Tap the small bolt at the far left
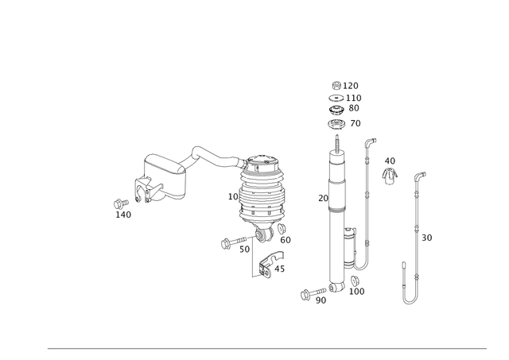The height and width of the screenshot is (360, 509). tap(116, 203)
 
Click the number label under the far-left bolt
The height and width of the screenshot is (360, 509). tap(124, 214)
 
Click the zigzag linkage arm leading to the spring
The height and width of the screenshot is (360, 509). tap(199, 156)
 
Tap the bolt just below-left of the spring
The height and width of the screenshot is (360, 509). tap(227, 243)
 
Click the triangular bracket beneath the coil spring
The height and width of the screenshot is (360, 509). tap(269, 262)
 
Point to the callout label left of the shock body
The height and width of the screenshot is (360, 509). tap(321, 199)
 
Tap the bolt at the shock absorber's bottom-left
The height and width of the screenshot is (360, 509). tap(310, 294)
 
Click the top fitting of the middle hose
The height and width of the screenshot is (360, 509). tap(368, 143)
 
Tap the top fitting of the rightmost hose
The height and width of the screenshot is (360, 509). tap(418, 173)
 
